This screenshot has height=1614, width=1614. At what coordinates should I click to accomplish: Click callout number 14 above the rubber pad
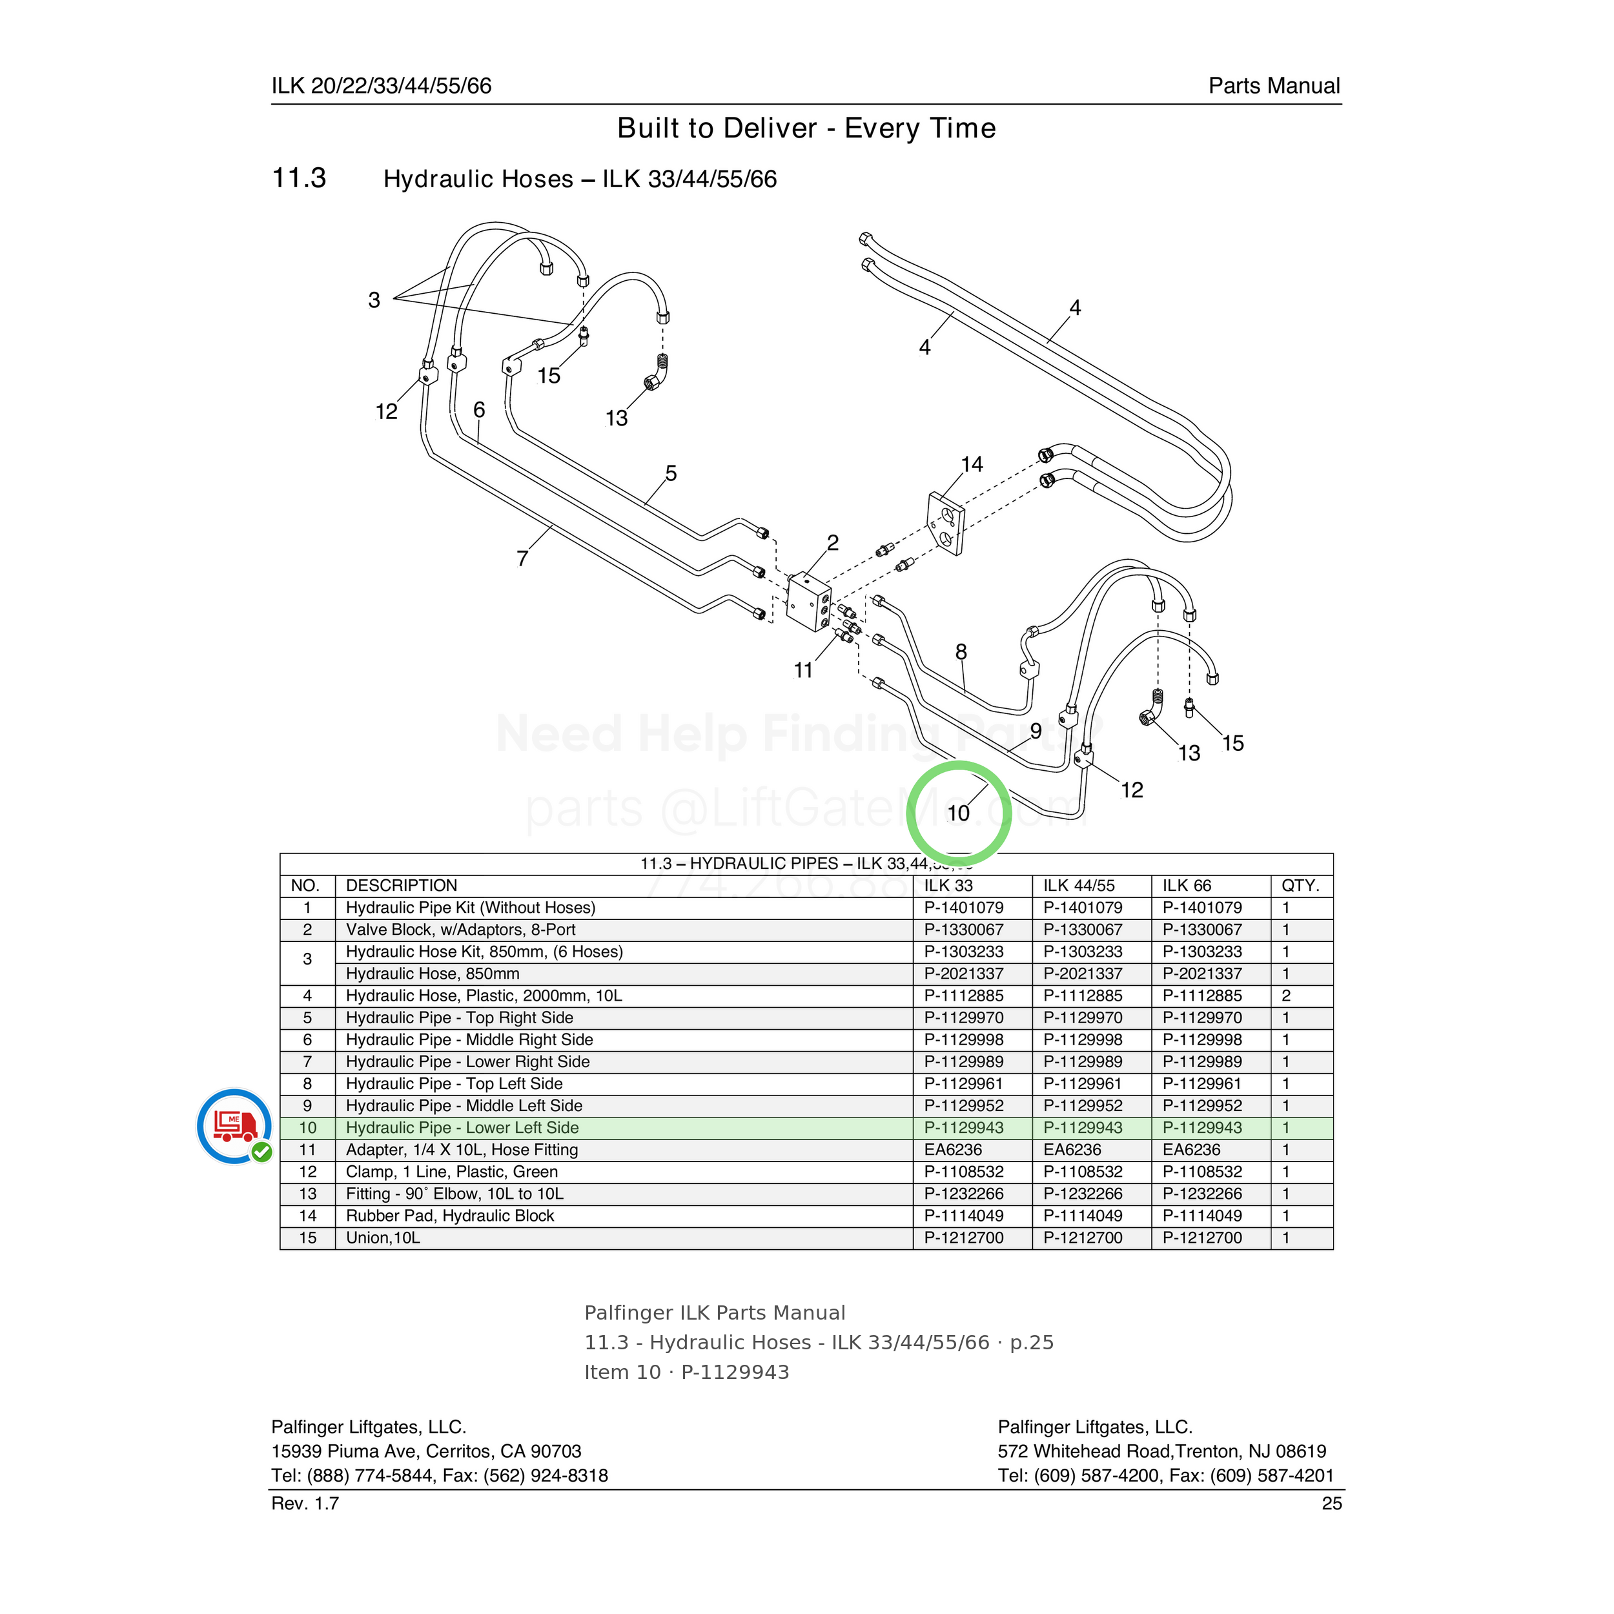[x=972, y=464]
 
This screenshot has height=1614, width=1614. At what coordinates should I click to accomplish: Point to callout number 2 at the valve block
[x=833, y=542]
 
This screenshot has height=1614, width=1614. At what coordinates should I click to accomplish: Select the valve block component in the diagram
[x=809, y=602]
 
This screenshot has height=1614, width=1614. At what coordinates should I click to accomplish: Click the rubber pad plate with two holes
[x=946, y=523]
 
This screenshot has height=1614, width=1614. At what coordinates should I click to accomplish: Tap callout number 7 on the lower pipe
[x=522, y=558]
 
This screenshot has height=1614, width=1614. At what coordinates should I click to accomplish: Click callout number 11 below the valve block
[x=803, y=670]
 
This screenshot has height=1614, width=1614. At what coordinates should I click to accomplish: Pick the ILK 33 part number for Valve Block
[x=963, y=930]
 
